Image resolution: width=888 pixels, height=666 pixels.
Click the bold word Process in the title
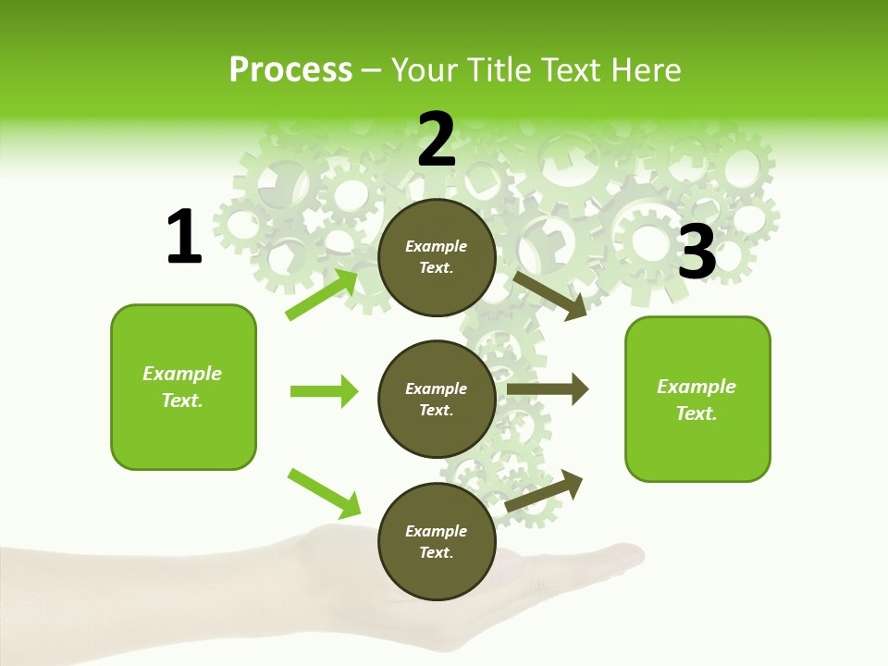290,70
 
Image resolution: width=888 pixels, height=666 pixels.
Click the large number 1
183,238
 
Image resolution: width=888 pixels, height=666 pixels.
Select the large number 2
437,140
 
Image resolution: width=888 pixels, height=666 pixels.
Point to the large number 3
697,253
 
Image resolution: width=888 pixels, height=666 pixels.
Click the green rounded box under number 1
183,387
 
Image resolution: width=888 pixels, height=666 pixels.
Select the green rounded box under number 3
697,399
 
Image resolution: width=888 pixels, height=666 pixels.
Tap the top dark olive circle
437,256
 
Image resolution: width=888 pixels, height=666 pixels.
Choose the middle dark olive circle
437,399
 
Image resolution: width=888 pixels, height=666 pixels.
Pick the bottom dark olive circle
437,541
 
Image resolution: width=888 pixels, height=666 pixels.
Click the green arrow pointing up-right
322,294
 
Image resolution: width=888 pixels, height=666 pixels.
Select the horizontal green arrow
324,391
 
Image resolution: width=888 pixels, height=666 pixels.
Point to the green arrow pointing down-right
324,493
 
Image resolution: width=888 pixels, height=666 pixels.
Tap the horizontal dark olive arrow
547,389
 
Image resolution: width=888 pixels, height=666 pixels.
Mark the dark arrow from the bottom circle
545,490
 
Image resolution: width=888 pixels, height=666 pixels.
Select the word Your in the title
424,70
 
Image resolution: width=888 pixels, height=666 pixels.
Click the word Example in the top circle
437,246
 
